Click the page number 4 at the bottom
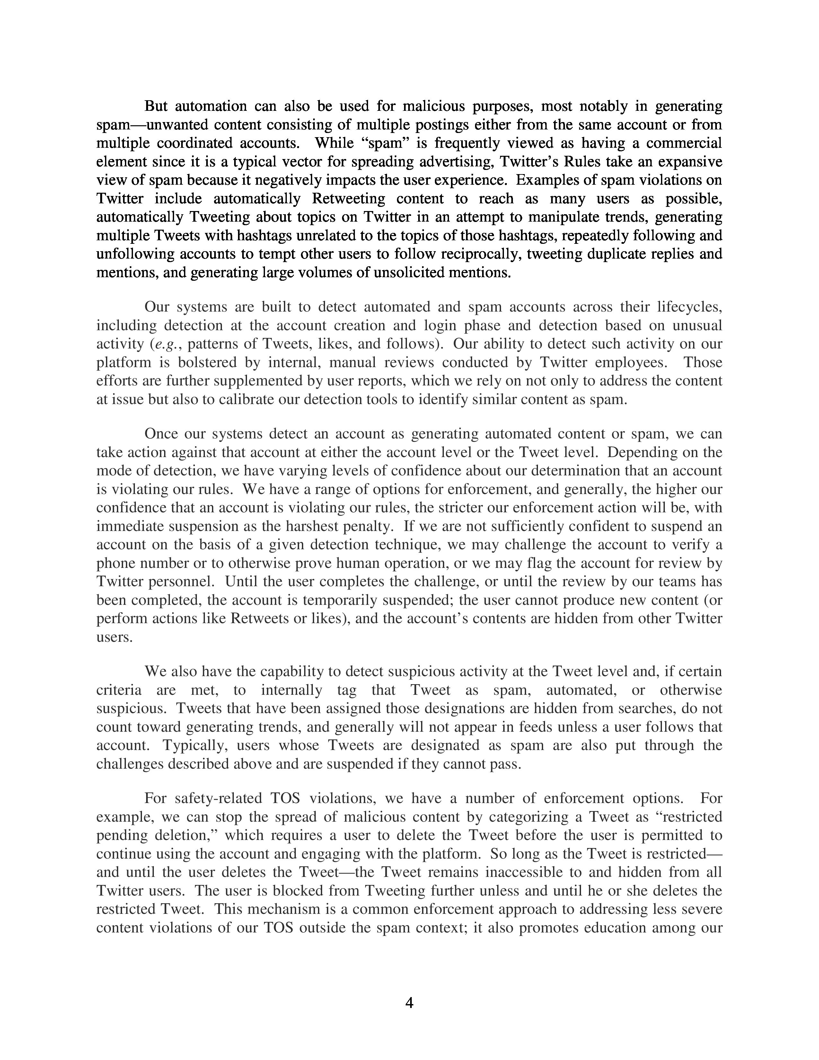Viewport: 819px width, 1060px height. [409, 1003]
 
